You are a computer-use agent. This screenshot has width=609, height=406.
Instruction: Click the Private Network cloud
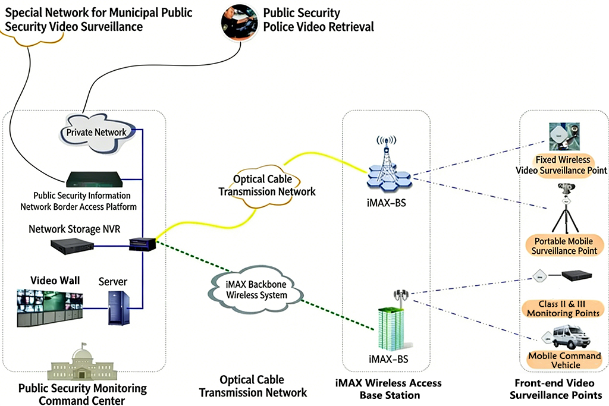coord(98,132)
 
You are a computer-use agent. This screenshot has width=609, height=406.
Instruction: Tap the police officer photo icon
coord(239,21)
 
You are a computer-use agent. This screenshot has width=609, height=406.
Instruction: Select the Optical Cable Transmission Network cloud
coord(266,185)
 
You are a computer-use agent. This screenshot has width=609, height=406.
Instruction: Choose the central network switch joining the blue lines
coord(143,243)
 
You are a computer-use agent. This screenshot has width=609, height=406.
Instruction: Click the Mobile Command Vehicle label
coord(564,360)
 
